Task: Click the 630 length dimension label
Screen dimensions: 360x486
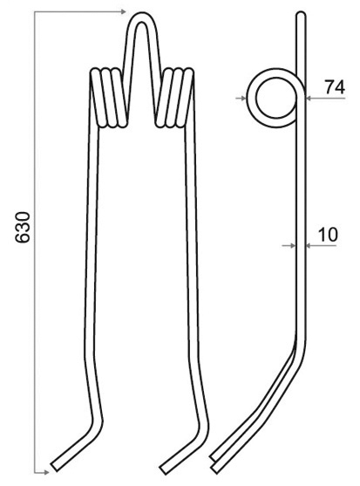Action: [23, 227]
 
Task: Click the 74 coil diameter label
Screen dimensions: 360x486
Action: [335, 87]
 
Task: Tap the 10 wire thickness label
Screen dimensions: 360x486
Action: [328, 235]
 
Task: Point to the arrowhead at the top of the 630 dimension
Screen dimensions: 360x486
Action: [123, 11]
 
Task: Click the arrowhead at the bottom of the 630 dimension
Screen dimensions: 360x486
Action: [46, 472]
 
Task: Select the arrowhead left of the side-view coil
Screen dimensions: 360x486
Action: [243, 99]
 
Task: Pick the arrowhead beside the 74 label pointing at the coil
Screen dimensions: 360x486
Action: [309, 99]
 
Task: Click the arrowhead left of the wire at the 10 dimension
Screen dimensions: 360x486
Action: [293, 245]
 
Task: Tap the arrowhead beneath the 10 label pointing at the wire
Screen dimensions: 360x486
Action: [309, 245]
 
